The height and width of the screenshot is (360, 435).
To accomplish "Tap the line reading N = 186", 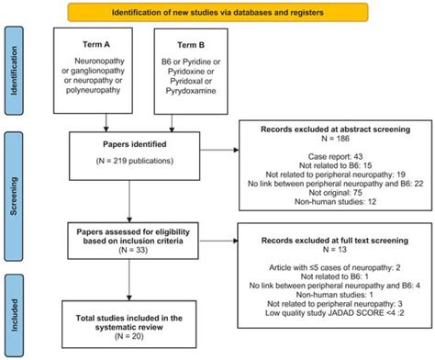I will click(x=329, y=148).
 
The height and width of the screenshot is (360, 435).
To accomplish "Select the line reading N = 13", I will click(x=329, y=250).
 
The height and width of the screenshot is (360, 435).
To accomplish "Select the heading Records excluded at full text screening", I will click(x=329, y=238).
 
